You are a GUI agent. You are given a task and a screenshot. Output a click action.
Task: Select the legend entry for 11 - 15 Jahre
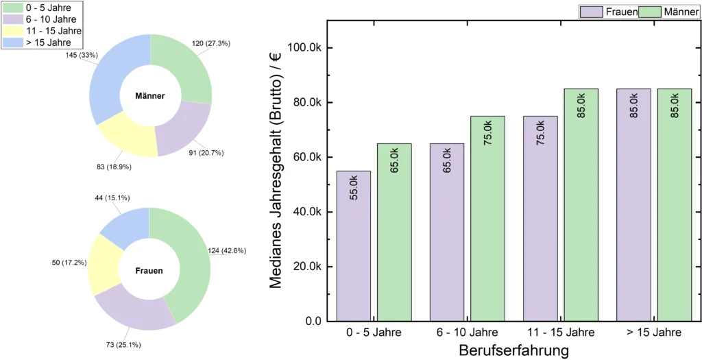[x=52, y=31]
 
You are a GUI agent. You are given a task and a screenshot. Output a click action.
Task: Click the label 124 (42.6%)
[x=231, y=251]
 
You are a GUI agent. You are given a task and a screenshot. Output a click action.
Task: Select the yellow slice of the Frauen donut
[x=103, y=257]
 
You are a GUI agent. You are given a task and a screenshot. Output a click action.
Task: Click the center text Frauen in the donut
[x=149, y=271]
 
